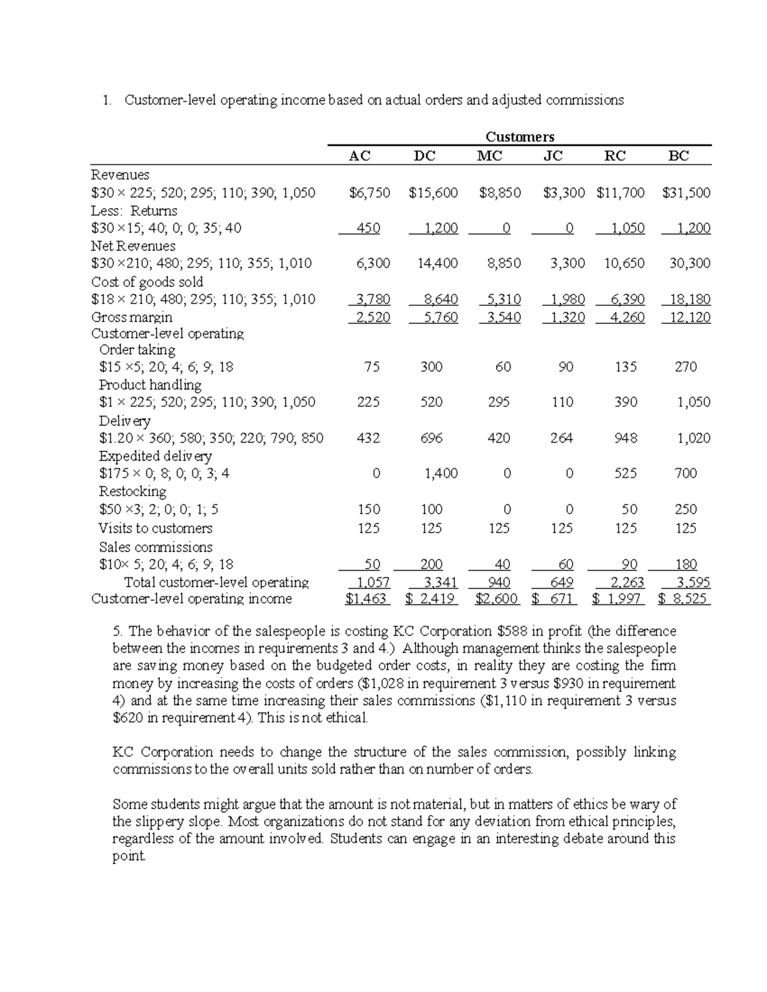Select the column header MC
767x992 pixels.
490,156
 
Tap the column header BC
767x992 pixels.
679,156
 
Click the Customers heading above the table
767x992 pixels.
520,137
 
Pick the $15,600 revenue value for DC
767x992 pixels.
433,193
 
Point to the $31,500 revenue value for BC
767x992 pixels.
686,193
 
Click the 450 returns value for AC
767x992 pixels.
368,228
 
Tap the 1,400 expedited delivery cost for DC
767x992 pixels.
441,473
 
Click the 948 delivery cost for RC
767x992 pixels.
626,438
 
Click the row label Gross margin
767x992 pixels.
132,317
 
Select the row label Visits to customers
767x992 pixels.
155,528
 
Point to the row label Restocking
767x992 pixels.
132,491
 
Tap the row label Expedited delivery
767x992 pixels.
155,456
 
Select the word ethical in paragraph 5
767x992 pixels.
347,718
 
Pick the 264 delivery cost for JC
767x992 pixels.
561,438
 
